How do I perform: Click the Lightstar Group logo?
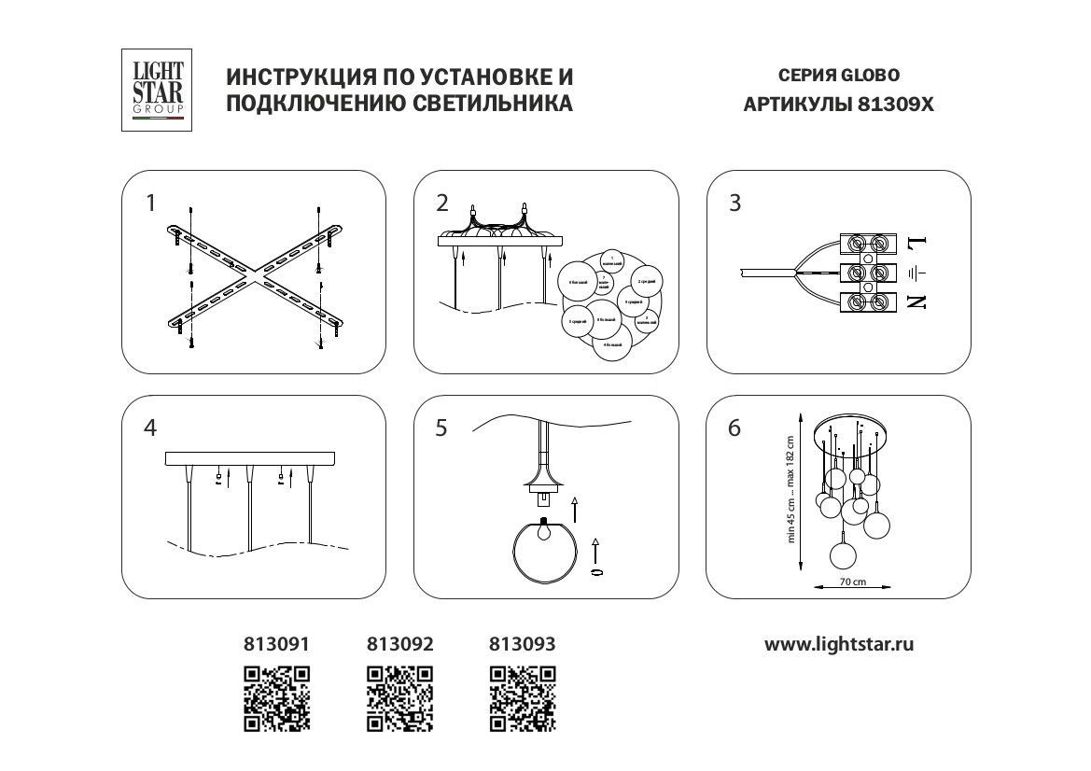point(158,91)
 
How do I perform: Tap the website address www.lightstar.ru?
point(838,644)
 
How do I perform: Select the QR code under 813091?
point(276,697)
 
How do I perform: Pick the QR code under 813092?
point(400,697)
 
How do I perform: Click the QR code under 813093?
point(523,697)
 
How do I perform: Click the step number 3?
point(734,203)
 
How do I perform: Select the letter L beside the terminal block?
point(916,244)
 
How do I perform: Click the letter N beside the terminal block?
point(916,301)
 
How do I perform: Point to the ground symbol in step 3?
point(916,273)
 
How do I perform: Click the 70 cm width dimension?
point(853,582)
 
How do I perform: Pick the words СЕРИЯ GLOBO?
point(838,76)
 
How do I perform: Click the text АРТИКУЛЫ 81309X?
point(838,105)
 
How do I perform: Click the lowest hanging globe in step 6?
point(842,554)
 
